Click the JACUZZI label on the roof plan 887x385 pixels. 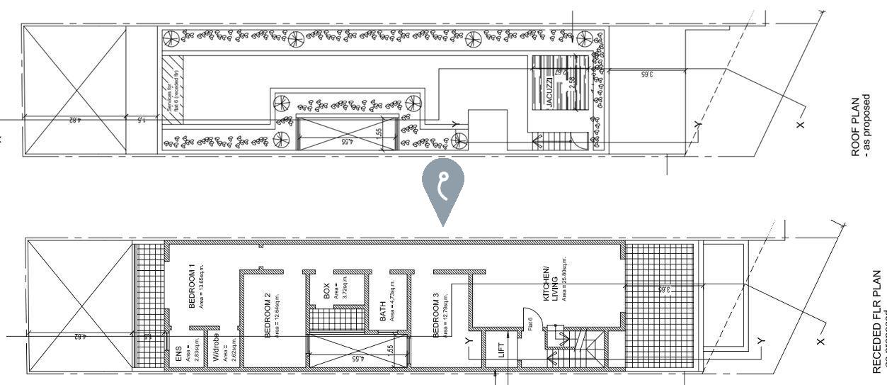click(x=549, y=92)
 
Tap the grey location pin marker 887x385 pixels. click(x=443, y=186)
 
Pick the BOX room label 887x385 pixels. click(x=326, y=291)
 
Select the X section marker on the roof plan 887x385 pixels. click(x=801, y=125)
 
